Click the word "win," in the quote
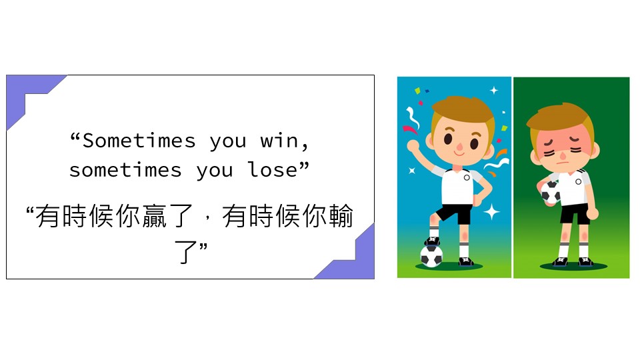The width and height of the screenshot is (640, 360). click(x=285, y=141)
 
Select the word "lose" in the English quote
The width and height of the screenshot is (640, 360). click(x=273, y=169)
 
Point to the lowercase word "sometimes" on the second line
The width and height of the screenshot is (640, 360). click(x=125, y=170)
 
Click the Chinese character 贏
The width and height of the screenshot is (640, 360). click(x=154, y=216)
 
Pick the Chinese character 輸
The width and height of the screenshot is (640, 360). click(x=341, y=216)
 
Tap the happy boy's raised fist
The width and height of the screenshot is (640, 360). click(x=413, y=145)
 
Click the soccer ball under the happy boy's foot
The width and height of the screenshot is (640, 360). click(x=431, y=255)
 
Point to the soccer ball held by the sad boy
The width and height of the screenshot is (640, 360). click(x=550, y=192)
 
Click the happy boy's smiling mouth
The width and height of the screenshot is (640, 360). click(x=459, y=154)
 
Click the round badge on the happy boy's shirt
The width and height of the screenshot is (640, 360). click(x=467, y=177)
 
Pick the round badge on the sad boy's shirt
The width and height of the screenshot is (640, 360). click(x=578, y=181)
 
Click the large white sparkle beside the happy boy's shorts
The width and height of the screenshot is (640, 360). click(x=492, y=211)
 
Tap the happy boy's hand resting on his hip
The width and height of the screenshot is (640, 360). click(x=476, y=200)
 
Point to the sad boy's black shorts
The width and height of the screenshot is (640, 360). click(x=575, y=213)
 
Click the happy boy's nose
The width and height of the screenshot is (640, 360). click(x=459, y=147)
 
